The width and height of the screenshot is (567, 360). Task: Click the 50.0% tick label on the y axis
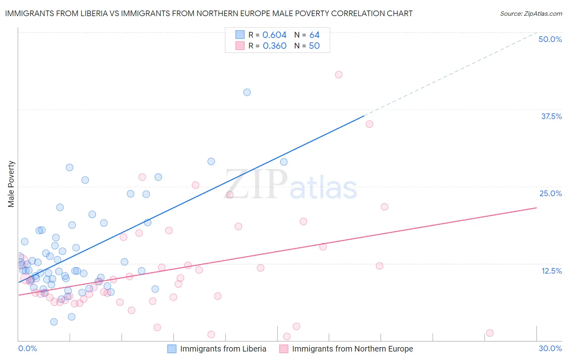point(550,39)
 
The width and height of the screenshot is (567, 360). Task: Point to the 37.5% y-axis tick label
point(551,116)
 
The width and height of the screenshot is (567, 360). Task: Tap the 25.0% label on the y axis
point(550,193)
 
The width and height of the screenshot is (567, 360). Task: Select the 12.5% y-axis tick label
point(551,271)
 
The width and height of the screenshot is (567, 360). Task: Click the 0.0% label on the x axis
point(27,348)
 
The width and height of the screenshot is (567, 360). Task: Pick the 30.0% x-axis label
point(550,348)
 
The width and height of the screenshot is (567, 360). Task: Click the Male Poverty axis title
point(11,184)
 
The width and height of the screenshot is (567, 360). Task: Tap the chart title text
point(208,13)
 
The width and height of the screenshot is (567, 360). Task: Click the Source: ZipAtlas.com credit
point(531,13)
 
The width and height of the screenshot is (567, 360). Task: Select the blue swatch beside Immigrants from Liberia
point(172,349)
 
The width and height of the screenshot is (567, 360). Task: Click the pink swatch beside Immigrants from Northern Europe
point(284,349)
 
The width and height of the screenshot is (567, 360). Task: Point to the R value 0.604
point(274,35)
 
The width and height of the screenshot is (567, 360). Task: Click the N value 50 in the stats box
point(314,46)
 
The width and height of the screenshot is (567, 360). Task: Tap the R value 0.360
point(274,46)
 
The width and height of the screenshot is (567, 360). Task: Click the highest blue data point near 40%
point(247,92)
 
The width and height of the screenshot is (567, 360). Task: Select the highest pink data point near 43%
point(339,75)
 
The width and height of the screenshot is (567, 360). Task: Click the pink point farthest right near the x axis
point(490,333)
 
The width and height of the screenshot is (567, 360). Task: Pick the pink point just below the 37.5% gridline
point(369,124)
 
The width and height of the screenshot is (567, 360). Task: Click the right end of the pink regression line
point(536,207)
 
